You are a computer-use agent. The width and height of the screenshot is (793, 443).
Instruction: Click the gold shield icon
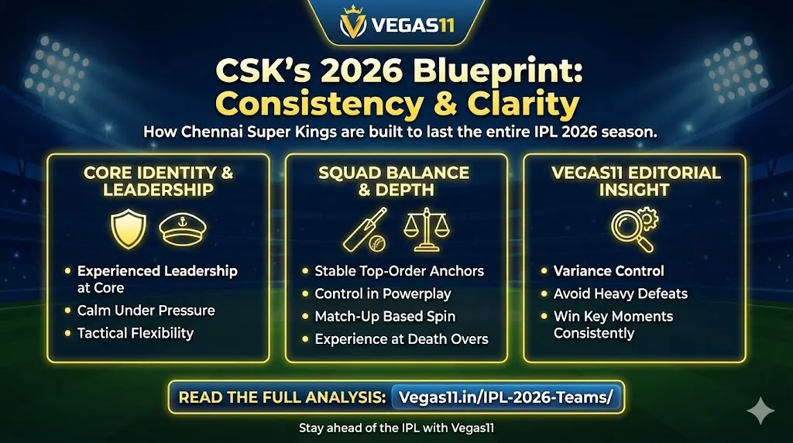(129, 228)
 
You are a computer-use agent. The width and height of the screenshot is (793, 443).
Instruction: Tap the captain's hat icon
(183, 228)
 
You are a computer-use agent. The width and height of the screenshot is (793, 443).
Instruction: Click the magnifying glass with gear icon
(634, 228)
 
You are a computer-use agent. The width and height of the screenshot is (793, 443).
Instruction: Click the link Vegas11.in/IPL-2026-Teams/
(505, 397)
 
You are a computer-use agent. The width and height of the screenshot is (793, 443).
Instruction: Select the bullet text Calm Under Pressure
(146, 311)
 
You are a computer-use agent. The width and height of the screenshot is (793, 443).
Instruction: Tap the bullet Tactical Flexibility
(135, 333)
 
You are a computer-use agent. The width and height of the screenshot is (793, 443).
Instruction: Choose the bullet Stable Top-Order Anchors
(399, 271)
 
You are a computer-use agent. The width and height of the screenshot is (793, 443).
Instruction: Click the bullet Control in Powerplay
(383, 294)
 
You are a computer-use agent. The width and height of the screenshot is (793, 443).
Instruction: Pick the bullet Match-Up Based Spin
(385, 316)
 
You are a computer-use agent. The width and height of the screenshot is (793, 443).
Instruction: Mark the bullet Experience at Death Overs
(401, 338)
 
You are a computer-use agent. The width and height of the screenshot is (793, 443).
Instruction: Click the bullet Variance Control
(609, 271)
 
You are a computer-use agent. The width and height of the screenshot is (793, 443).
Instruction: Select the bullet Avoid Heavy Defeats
(620, 294)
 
